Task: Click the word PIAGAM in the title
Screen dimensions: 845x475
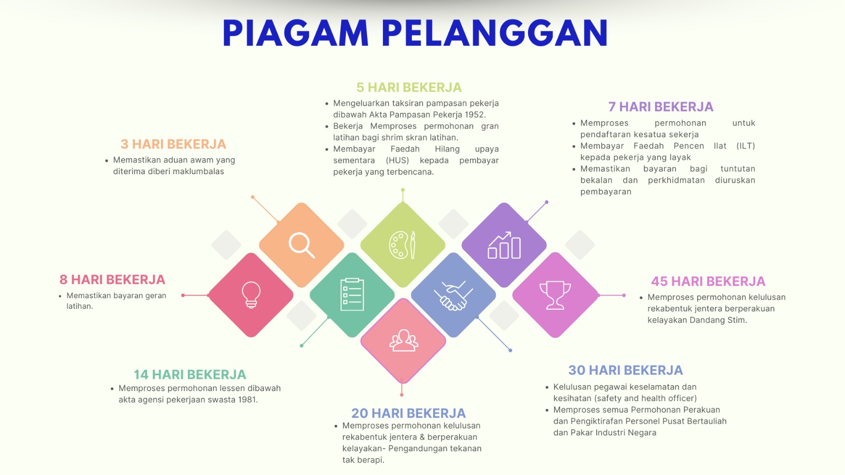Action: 295,33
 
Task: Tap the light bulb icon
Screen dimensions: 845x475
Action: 251,295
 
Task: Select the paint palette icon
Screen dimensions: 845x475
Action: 402,245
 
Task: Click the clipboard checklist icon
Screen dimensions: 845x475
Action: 352,294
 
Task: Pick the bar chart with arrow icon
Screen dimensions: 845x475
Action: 504,245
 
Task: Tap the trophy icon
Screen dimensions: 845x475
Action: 555,295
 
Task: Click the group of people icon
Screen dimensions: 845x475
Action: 403,341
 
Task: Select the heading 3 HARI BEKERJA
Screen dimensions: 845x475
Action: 173,144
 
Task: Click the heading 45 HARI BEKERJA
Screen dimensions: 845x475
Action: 708,281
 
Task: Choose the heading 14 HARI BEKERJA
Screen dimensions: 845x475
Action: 190,374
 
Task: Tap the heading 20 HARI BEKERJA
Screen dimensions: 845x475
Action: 409,413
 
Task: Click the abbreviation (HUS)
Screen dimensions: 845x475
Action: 397,160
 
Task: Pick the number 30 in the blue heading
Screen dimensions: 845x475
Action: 577,370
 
